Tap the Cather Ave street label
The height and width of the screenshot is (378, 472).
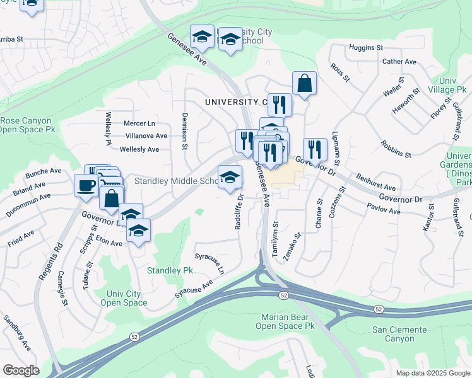(399, 62)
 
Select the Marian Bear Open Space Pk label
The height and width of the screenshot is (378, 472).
(285, 321)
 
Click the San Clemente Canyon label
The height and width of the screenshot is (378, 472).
(402, 334)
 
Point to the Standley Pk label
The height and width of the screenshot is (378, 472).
(170, 270)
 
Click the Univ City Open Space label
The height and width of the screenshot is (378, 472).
(127, 298)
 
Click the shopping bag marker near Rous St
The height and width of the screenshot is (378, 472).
(304, 83)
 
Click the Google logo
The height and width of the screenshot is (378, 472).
(21, 370)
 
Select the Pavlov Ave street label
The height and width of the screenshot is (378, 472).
(384, 210)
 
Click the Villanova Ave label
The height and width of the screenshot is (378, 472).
(146, 135)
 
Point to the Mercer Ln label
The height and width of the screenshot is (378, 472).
(139, 123)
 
